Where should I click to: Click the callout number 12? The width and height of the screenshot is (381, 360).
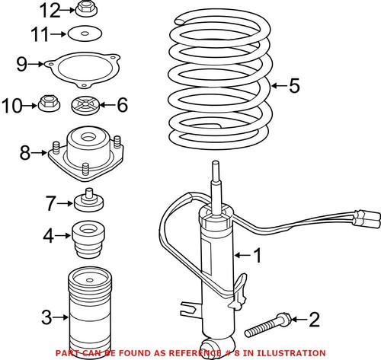coord(50,11)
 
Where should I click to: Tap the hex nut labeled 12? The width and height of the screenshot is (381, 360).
coord(86,9)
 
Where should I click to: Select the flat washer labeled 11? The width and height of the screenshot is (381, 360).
coord(85,33)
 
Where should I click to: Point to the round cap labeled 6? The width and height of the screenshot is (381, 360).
coord(85,105)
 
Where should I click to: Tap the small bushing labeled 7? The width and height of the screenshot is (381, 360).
coord(89,200)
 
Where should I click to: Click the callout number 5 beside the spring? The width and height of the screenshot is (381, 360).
coord(294,86)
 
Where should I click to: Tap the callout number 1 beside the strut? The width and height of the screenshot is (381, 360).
coord(258,255)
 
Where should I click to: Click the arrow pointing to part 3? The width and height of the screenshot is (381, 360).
coord(60,317)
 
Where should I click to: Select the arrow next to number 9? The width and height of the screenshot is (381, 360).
coord(36,64)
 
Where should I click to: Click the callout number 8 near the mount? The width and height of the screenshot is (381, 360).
coord(25,153)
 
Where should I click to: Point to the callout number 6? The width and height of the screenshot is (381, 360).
coord(122,105)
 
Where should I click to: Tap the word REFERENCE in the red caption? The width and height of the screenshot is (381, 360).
coord(195,353)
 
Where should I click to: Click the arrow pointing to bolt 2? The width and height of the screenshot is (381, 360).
coord(299,319)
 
